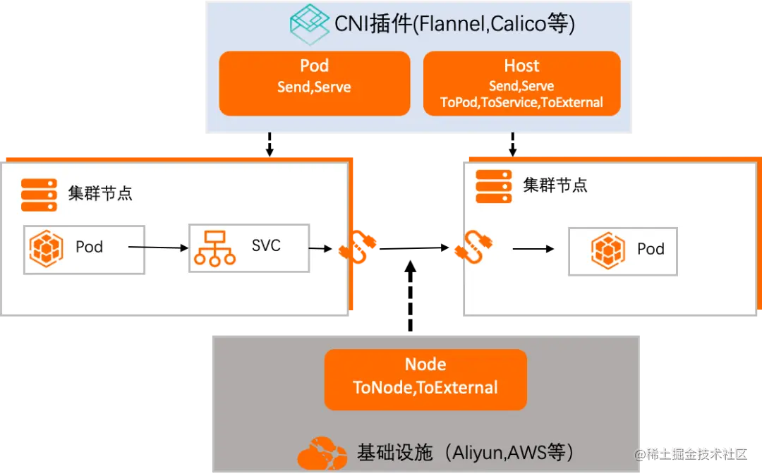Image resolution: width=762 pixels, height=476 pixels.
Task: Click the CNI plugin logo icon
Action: point(310,24)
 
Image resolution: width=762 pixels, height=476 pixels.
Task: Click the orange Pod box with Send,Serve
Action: point(315,83)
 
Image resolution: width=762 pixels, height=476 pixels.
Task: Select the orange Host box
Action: point(521,83)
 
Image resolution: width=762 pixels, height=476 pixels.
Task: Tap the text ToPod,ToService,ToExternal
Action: point(521,102)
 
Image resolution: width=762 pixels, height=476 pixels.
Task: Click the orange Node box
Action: point(425,379)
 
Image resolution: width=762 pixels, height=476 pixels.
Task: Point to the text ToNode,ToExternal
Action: point(425,388)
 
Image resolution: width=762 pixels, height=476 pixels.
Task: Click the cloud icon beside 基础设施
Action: point(322,453)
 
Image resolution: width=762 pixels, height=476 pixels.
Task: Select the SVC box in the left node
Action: point(249,248)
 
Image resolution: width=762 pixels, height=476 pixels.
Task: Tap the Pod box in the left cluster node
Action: point(84,249)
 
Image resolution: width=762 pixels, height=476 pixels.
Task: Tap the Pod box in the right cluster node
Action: point(623,251)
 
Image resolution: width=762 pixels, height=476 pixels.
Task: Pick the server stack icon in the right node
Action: point(494,186)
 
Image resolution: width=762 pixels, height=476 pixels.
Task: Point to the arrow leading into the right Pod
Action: point(533,249)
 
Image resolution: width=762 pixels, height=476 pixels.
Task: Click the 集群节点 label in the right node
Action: point(555,185)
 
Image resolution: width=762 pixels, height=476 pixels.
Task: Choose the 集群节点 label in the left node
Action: point(100,193)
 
